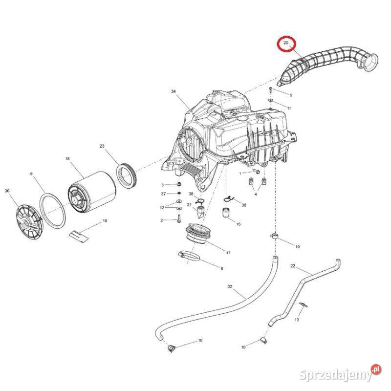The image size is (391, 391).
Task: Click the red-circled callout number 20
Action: click(x=286, y=43)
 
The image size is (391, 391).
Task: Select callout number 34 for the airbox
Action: click(x=173, y=92)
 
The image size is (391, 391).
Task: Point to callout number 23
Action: click(x=102, y=146)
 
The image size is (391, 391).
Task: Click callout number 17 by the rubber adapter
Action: click(x=228, y=252)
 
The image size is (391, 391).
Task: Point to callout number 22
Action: click(x=293, y=266)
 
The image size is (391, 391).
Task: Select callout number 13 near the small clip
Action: click(x=297, y=319)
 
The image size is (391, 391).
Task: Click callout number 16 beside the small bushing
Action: click(x=238, y=224)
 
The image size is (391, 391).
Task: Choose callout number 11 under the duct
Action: click(x=289, y=108)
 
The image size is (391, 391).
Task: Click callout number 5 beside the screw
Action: click(x=290, y=95)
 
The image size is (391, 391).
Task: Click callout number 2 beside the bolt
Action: click(x=162, y=220)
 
